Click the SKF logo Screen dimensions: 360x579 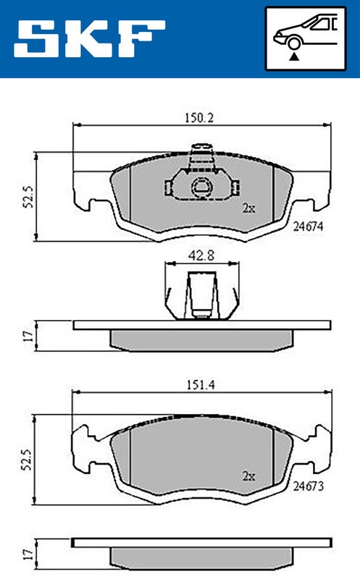(89, 38)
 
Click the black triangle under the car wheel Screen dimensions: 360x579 (294, 56)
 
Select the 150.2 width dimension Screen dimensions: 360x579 (199, 118)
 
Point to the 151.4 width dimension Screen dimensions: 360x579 (201, 385)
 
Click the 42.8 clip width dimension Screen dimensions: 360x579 (201, 256)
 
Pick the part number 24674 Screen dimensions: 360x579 (309, 226)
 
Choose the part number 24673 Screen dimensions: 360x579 (309, 486)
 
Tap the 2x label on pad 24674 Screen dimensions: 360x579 (248, 208)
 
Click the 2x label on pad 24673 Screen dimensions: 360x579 (248, 476)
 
